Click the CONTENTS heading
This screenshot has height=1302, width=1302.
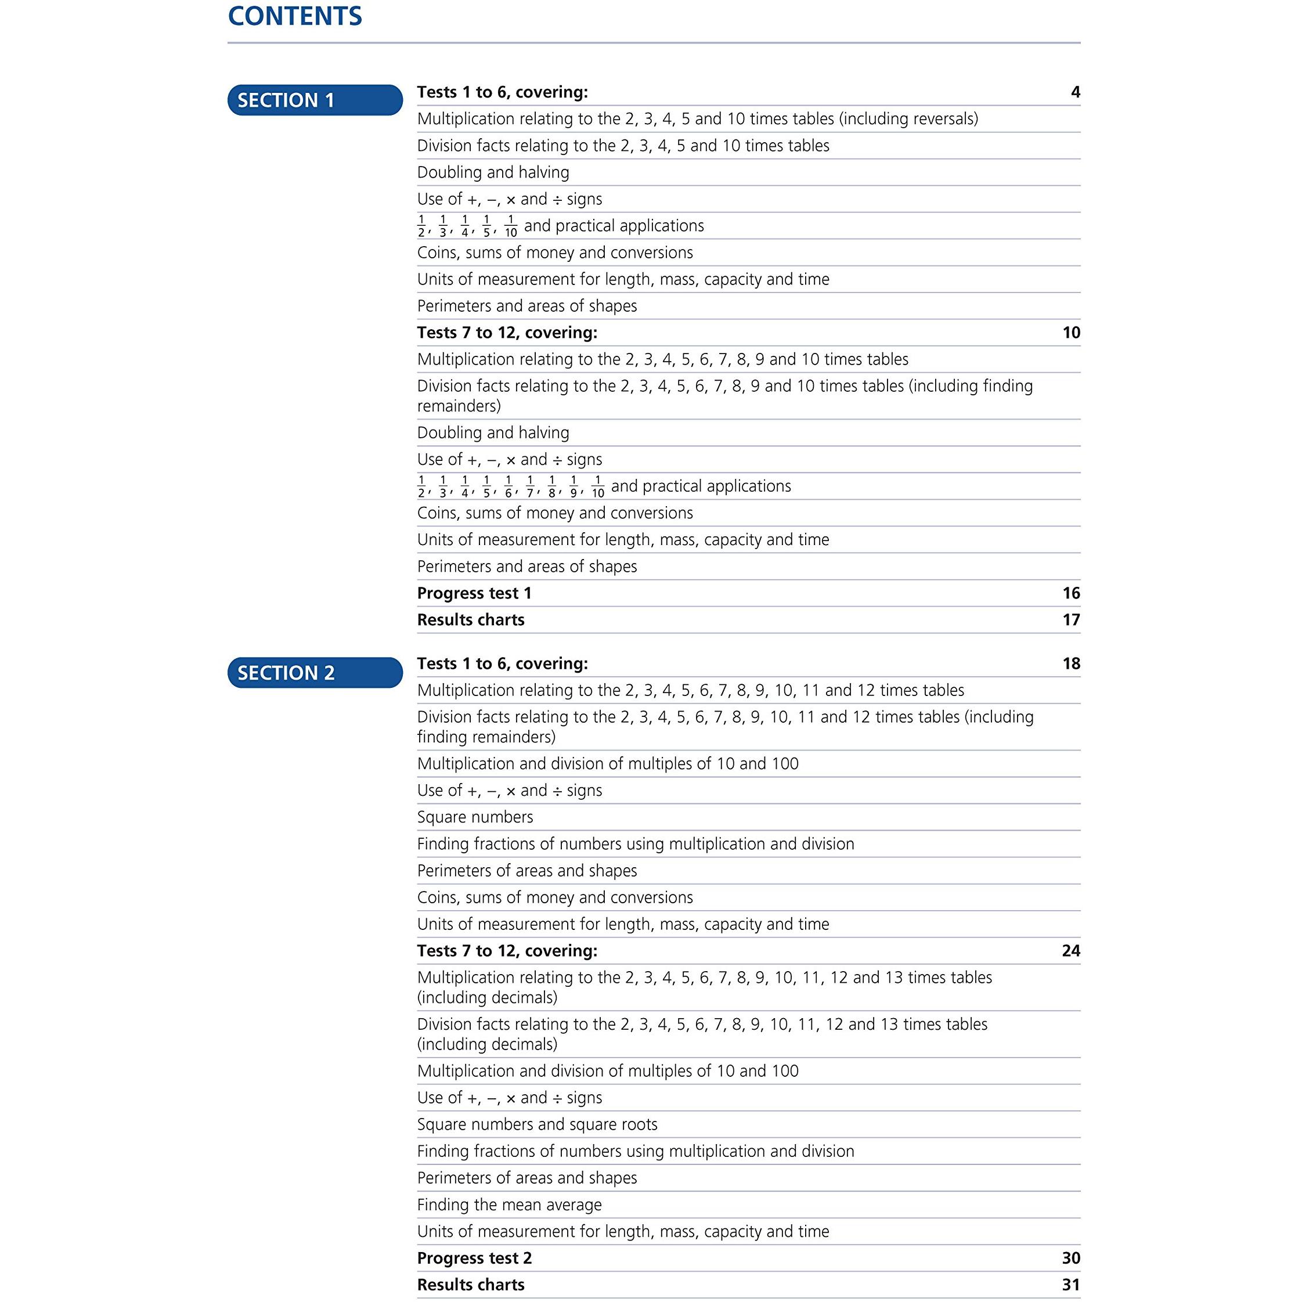(294, 16)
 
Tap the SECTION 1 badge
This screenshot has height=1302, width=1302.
(315, 100)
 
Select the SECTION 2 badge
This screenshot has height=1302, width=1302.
(315, 673)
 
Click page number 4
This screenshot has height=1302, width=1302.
(1075, 92)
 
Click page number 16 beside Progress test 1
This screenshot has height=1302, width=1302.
(1071, 593)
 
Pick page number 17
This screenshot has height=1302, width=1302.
(1071, 620)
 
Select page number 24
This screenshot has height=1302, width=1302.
(1071, 951)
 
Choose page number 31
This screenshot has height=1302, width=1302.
(1071, 1285)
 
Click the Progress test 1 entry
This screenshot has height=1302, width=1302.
(474, 593)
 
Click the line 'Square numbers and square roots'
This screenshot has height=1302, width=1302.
(537, 1125)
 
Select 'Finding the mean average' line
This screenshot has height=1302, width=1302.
(509, 1205)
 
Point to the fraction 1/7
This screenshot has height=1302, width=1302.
(531, 486)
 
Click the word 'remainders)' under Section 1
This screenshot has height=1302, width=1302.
(458, 406)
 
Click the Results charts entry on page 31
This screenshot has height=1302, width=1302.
(470, 1285)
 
